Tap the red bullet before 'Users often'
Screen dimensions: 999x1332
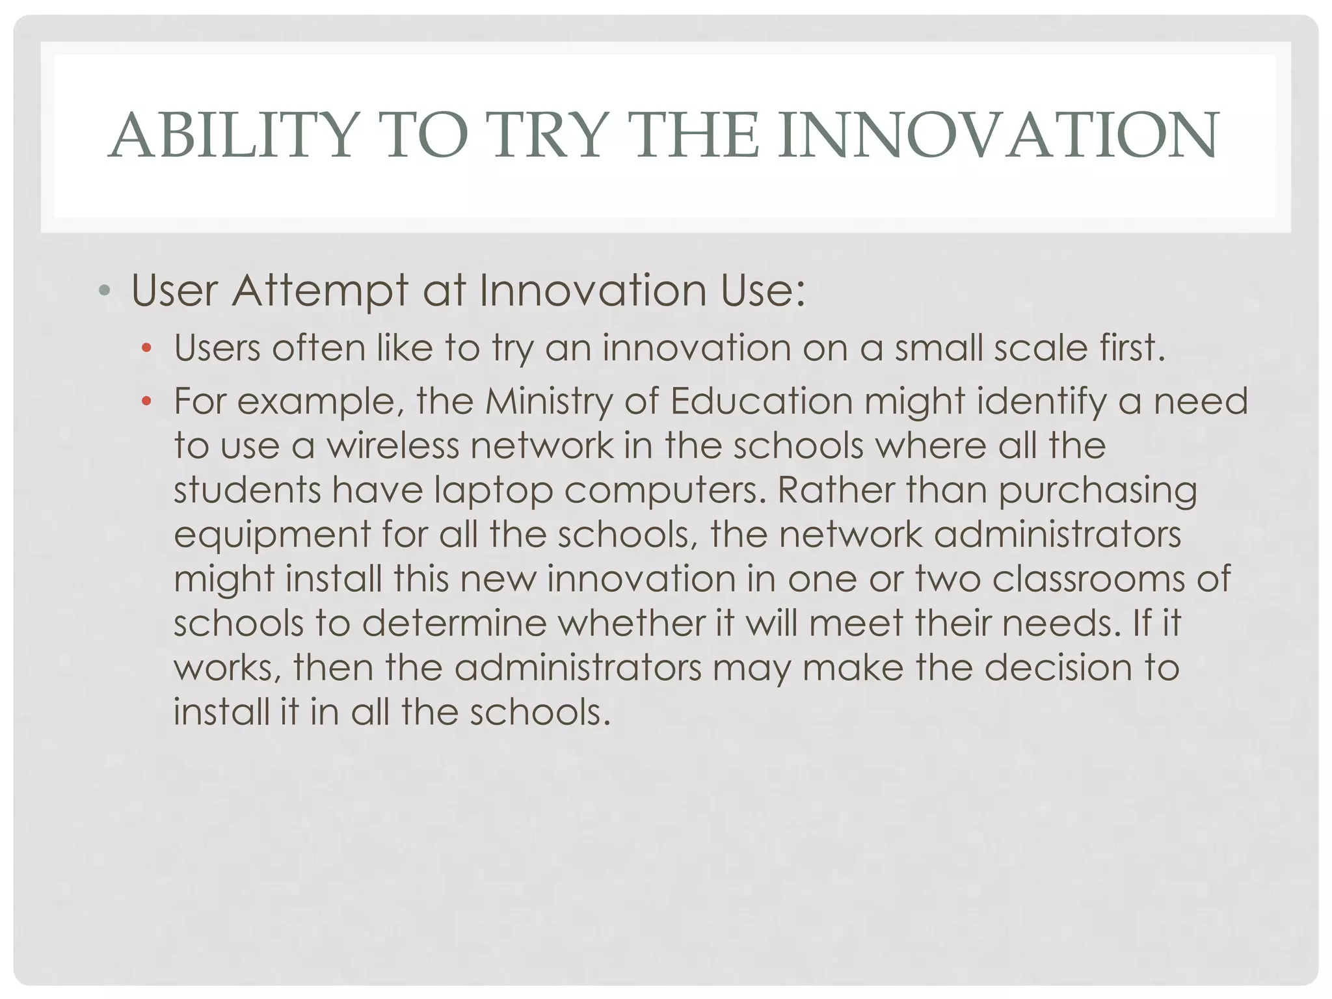click(x=146, y=349)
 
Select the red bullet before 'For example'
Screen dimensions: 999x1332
click(x=146, y=402)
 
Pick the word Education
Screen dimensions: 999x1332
click(x=761, y=401)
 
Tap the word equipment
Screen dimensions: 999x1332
click(x=272, y=536)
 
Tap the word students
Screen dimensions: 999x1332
click(x=247, y=490)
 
